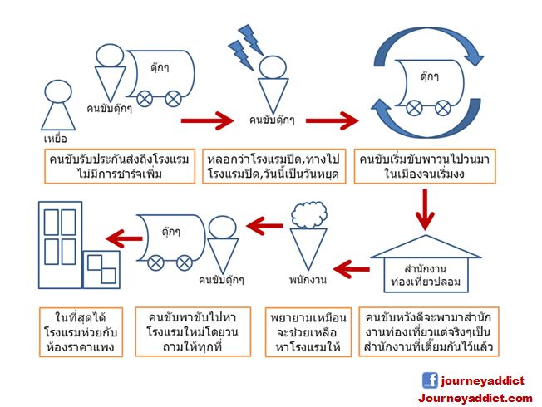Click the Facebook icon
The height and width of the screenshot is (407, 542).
(x=430, y=380)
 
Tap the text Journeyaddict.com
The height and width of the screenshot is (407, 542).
(x=475, y=398)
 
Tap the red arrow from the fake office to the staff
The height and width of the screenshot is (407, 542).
(x=351, y=268)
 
